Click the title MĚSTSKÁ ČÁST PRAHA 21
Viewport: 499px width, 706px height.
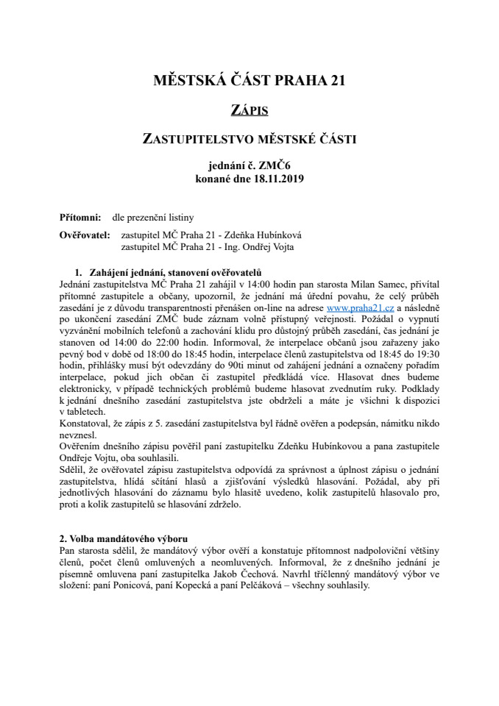pos(249,80)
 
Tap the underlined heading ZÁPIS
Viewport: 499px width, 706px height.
pos(249,110)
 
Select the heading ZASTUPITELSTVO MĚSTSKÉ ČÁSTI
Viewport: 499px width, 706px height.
pos(249,140)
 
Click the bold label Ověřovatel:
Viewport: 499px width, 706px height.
pos(84,235)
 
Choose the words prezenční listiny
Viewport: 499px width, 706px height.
pos(153,218)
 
